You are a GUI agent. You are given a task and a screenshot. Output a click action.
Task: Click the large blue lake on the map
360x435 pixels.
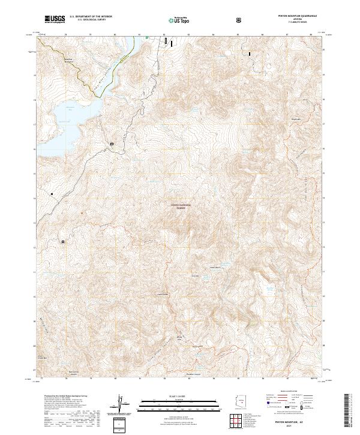pos(60,120)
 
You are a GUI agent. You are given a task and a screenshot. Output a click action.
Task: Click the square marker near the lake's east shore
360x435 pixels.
pos(112,144)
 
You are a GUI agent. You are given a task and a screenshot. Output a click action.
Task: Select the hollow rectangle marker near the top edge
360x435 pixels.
pos(166,41)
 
